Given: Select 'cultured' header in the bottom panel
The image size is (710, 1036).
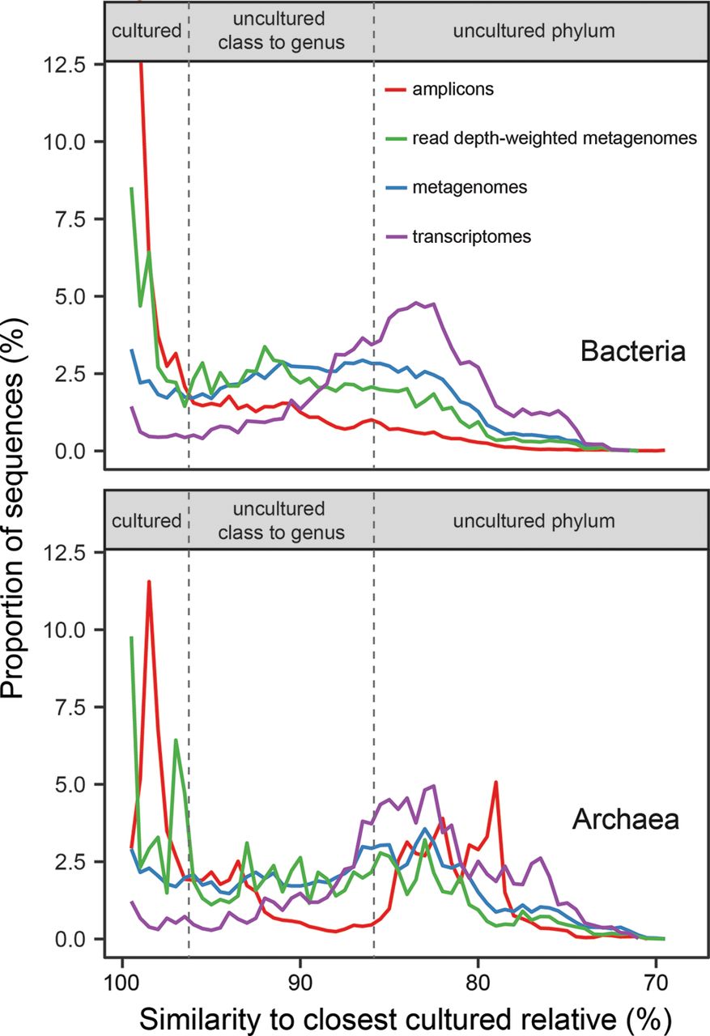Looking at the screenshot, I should (x=147, y=520).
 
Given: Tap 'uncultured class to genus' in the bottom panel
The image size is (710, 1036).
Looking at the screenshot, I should (x=281, y=520).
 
